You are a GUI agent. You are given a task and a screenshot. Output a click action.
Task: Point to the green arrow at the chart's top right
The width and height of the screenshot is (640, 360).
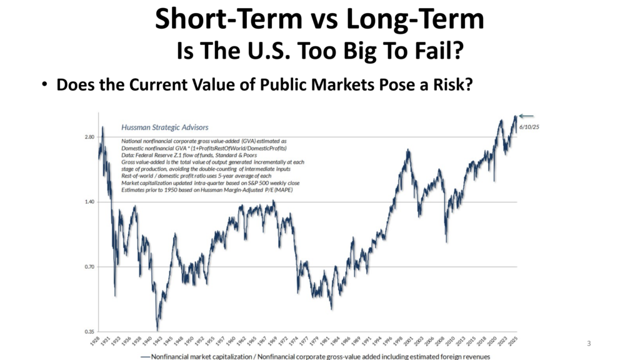526,116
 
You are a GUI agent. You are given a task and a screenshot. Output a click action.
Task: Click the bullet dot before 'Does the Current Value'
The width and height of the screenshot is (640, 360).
46,85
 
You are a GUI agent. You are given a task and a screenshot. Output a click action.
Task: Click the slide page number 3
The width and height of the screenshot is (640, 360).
589,343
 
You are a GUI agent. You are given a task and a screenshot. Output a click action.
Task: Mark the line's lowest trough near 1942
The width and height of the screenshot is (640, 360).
157,329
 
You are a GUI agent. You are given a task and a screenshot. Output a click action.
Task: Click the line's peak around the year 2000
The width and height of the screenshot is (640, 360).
407,150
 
